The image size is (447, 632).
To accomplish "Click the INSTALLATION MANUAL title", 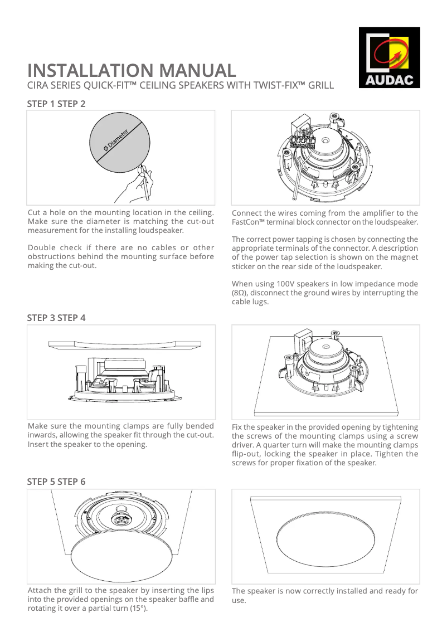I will point(132,71).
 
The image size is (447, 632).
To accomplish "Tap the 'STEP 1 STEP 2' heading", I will point(56,104).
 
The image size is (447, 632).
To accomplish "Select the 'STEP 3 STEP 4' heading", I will point(56,318).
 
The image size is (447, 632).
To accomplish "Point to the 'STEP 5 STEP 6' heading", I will point(56,482).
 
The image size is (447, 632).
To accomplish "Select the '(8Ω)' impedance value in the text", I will point(239,293).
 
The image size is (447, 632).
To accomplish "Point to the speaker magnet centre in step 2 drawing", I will point(325,142).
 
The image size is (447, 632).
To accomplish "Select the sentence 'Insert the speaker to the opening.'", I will point(88,444).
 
